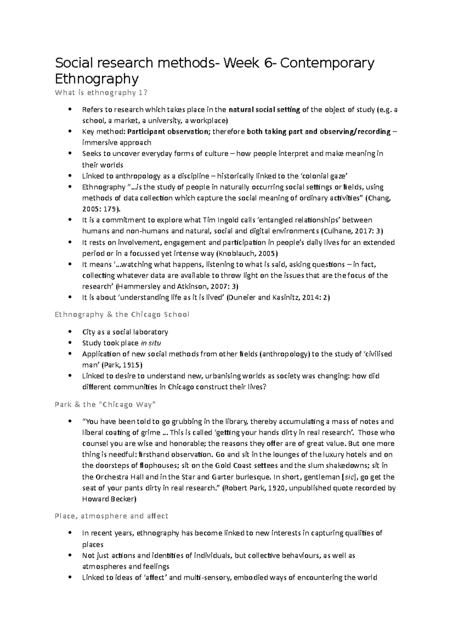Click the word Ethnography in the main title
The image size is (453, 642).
click(x=97, y=79)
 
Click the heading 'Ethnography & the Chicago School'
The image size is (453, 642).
click(x=122, y=315)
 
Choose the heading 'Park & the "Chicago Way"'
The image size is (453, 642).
click(x=105, y=405)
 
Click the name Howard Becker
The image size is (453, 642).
click(x=108, y=499)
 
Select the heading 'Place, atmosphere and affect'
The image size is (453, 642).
click(x=111, y=516)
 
